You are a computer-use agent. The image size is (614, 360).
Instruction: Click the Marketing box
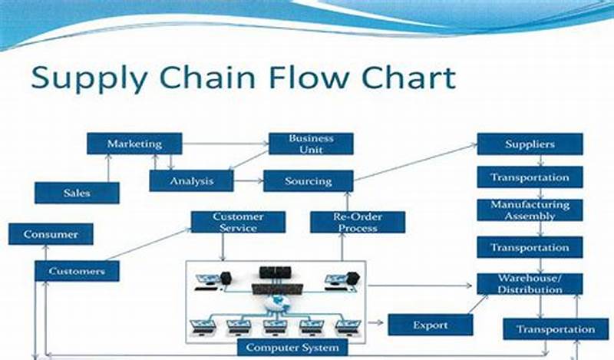click(x=134, y=144)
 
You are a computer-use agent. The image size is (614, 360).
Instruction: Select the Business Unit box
click(x=311, y=144)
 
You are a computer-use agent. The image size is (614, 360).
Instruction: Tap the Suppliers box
click(x=530, y=144)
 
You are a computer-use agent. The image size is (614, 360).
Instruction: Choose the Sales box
click(x=77, y=193)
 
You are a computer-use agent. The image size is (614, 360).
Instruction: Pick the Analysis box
click(x=191, y=181)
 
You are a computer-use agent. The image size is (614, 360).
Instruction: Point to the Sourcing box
click(x=308, y=181)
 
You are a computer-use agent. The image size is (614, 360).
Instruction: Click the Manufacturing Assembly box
click(x=530, y=210)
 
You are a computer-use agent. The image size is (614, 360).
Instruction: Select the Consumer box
click(x=51, y=234)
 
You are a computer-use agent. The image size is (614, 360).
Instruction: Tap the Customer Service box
click(x=238, y=223)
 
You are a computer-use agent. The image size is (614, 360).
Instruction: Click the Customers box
click(x=77, y=271)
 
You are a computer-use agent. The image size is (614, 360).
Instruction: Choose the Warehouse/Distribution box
click(x=530, y=283)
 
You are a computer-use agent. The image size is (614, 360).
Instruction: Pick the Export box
click(x=429, y=325)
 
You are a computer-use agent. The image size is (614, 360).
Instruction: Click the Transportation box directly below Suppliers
click(x=530, y=177)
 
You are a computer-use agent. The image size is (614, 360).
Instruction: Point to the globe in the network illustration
click(x=276, y=304)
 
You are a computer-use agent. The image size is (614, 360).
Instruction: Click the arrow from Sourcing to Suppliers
click(x=414, y=162)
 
